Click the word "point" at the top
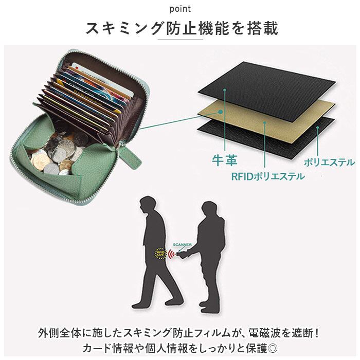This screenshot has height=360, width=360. pos(179,9)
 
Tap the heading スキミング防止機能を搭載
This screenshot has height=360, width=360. pos(182,29)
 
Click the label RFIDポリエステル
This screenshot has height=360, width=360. pos(267,176)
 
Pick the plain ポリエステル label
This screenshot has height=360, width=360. pos(329,162)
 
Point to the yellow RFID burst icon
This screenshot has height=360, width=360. pos(160,253)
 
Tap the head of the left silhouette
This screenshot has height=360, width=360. pos(147,203)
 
